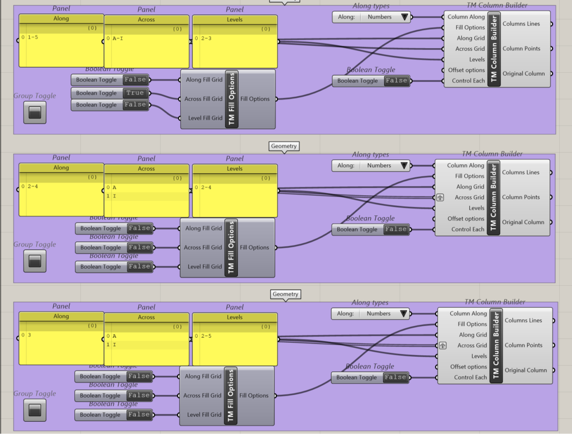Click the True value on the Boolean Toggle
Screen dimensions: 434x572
(135, 93)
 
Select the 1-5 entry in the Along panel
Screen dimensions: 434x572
(31, 37)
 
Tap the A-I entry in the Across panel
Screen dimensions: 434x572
(118, 39)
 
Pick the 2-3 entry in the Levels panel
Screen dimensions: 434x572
(206, 39)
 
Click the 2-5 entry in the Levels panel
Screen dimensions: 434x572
(206, 336)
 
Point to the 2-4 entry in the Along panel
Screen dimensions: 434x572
(31, 187)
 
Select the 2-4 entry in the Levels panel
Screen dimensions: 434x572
(206, 187)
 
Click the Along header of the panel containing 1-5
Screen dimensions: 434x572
(61, 18)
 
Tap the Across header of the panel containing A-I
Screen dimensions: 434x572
(146, 19)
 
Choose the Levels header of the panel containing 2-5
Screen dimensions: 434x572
(235, 317)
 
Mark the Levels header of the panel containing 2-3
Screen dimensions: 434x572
(235, 19)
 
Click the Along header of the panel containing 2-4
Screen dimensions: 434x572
(61, 168)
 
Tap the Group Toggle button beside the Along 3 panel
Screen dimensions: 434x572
(35, 410)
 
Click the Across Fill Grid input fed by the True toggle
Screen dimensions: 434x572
(203, 99)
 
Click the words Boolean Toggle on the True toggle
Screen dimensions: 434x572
(96, 93)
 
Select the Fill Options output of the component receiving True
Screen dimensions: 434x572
(255, 99)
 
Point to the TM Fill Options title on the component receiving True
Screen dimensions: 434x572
(232, 99)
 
